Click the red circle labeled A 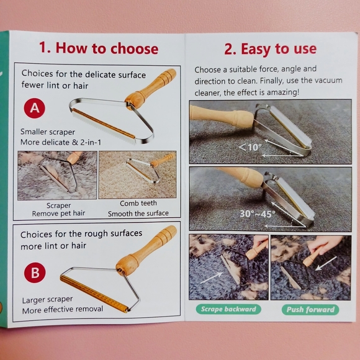(x=35, y=108)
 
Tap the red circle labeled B (x=35, y=272)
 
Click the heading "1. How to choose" (x=99, y=48)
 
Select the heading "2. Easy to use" (x=270, y=49)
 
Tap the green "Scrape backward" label (x=228, y=309)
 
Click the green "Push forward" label (x=310, y=310)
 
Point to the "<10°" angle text (x=250, y=147)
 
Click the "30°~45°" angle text (x=258, y=214)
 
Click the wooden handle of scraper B (x=146, y=250)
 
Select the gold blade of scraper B (x=94, y=294)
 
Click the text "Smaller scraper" (x=48, y=132)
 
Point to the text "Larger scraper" (x=48, y=300)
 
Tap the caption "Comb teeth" (x=138, y=203)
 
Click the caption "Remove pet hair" (x=58, y=214)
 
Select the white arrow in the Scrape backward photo (x=212, y=278)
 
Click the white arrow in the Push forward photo (x=326, y=263)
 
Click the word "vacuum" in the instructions (x=328, y=80)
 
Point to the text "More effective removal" (x=63, y=310)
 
